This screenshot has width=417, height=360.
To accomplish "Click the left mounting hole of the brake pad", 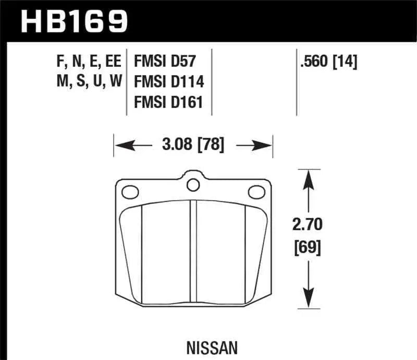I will (128, 193).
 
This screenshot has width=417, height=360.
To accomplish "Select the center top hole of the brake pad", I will (193, 184).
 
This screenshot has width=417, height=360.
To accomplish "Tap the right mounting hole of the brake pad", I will (256, 192).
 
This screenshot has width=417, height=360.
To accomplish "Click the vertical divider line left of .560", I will (297, 83).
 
